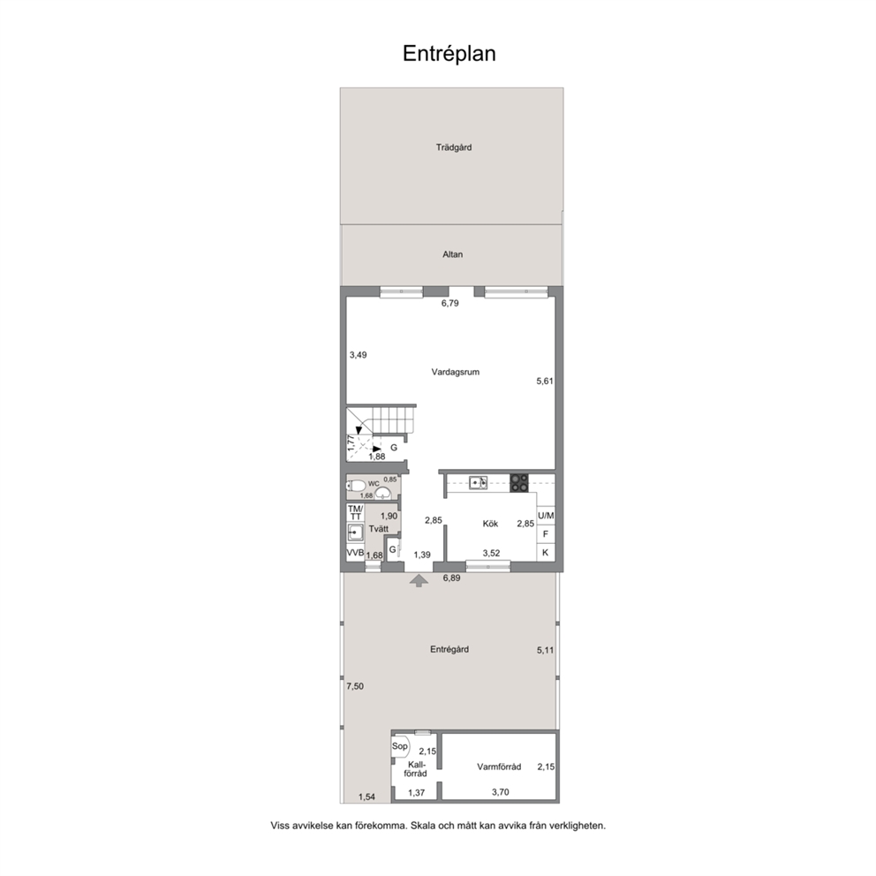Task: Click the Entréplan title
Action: pyautogui.click(x=449, y=54)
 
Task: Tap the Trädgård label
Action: pyautogui.click(x=454, y=147)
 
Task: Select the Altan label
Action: pyautogui.click(x=452, y=254)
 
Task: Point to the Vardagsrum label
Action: pyautogui.click(x=456, y=372)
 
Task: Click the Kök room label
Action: pyautogui.click(x=490, y=524)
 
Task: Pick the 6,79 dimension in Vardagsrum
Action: pyautogui.click(x=449, y=304)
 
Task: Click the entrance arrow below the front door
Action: pyautogui.click(x=419, y=581)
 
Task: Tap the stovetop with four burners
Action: pyautogui.click(x=519, y=483)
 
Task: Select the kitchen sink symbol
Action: pyautogui.click(x=479, y=482)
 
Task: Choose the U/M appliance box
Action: pyautogui.click(x=546, y=516)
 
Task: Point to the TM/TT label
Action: pyautogui.click(x=355, y=512)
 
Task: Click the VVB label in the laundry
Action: pyautogui.click(x=355, y=553)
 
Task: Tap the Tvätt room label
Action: pyautogui.click(x=378, y=528)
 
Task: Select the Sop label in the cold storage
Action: pyautogui.click(x=399, y=746)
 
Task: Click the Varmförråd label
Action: pyautogui.click(x=499, y=767)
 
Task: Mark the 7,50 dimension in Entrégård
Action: pyautogui.click(x=355, y=687)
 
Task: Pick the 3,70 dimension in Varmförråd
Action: pyautogui.click(x=500, y=791)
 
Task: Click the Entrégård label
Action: pyautogui.click(x=449, y=649)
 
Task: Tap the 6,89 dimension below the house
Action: pyautogui.click(x=451, y=578)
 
